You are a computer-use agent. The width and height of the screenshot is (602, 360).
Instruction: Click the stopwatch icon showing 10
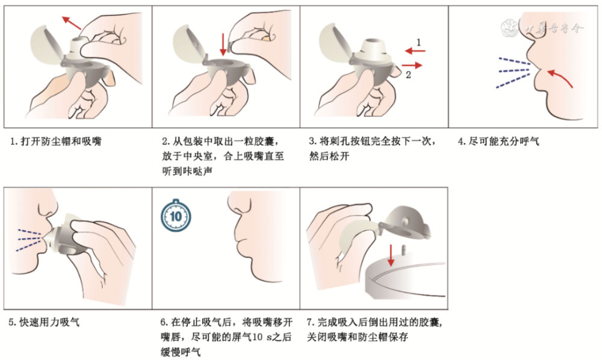175,216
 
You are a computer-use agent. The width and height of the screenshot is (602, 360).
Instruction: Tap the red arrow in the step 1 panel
72,23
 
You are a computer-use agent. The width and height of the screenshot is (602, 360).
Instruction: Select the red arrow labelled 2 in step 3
412,65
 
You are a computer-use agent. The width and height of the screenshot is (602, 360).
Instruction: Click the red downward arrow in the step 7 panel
391,255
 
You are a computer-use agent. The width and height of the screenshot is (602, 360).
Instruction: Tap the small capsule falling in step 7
403,250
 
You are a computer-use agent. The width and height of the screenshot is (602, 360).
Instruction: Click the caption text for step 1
56,141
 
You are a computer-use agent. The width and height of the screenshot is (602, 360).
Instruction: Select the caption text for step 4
499,141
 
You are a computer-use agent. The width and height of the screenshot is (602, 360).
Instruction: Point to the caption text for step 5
45,322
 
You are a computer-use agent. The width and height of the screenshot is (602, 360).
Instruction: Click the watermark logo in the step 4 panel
511,28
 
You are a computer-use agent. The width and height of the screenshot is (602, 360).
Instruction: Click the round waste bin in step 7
405,279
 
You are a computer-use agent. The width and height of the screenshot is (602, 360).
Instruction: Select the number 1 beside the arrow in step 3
419,42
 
